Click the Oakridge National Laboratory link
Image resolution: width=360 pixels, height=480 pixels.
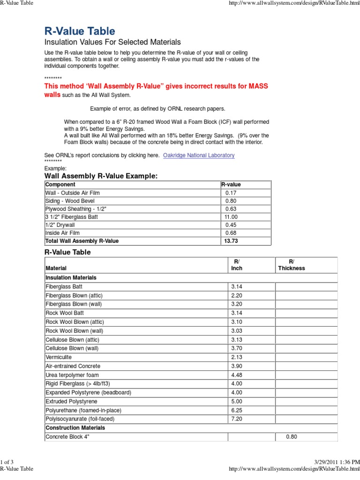click(199, 155)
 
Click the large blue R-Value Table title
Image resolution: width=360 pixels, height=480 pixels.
click(79, 31)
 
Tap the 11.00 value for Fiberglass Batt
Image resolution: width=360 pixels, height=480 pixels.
click(232, 217)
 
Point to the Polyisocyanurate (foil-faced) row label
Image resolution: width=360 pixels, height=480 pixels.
click(80, 419)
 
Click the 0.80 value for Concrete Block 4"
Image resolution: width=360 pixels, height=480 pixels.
click(291, 437)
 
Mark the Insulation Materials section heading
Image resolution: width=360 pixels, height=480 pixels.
click(71, 277)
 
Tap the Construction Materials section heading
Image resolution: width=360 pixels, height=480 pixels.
click(75, 427)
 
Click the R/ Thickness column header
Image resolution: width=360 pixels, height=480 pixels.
click(291, 264)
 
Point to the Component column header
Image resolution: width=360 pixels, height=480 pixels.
click(60, 185)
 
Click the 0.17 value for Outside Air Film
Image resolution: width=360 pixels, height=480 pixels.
click(231, 193)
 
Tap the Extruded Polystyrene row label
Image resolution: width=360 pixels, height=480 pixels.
click(71, 401)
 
